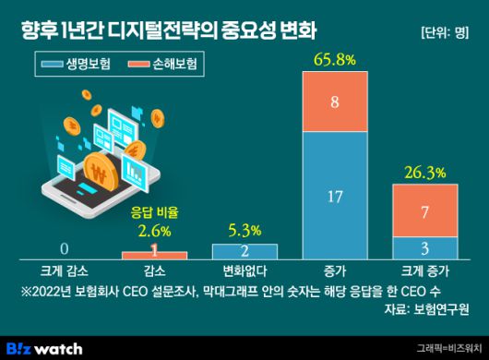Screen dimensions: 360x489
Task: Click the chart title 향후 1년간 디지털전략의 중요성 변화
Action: pyautogui.click(x=170, y=29)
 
